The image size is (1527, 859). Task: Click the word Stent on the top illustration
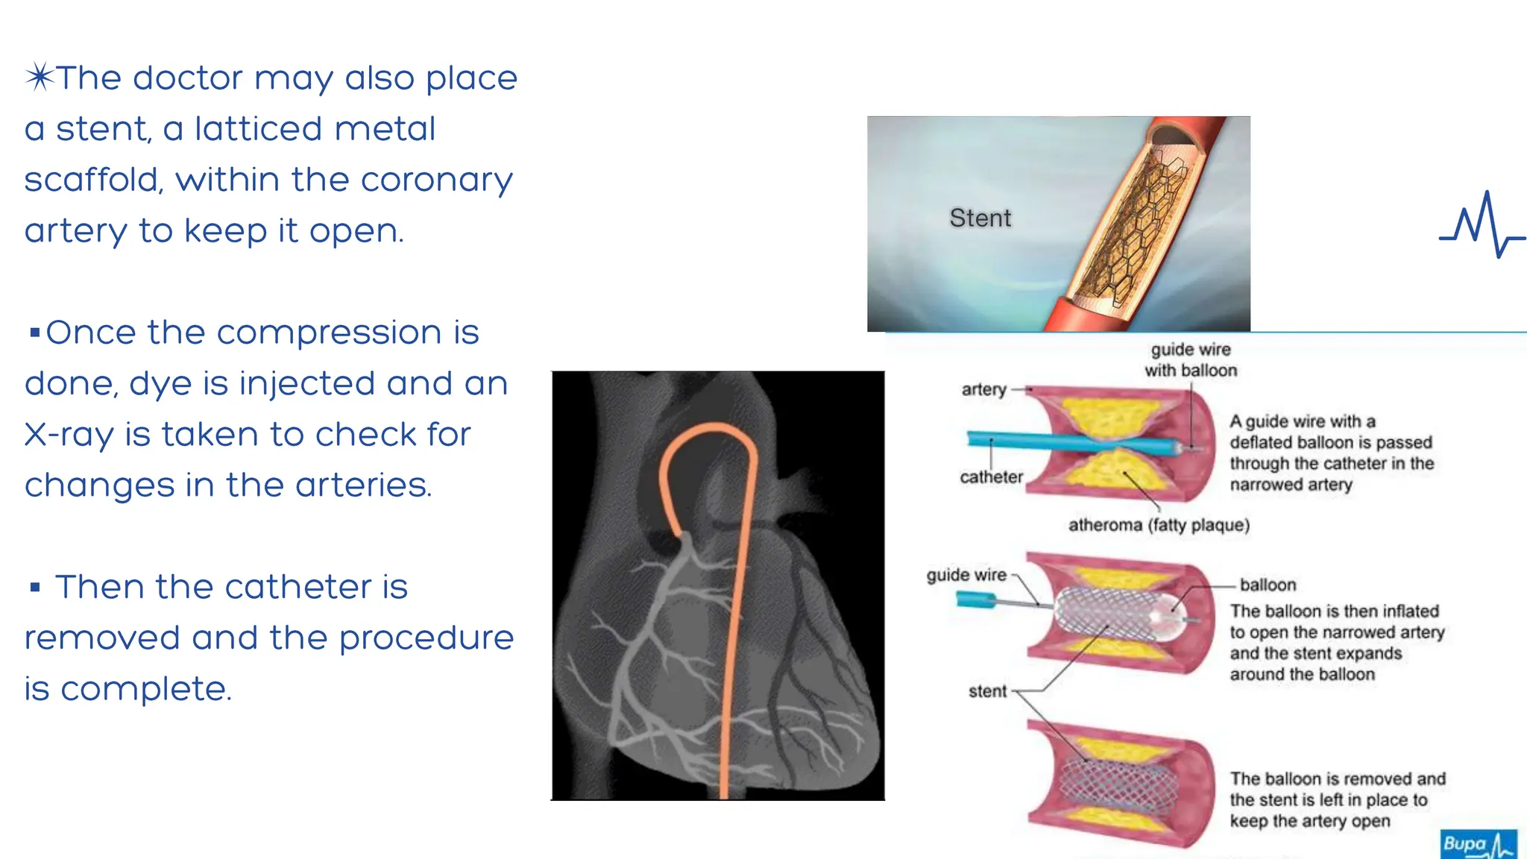980,218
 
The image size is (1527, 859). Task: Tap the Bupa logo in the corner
1477,843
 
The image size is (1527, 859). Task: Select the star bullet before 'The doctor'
40,77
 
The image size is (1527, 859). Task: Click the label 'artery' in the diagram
983,389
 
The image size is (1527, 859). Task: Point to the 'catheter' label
991,477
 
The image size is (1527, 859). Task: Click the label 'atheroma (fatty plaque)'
1159,525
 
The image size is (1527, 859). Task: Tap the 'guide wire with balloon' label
1191,360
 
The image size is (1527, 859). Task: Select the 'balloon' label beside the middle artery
1268,585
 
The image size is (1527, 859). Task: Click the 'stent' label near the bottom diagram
987,692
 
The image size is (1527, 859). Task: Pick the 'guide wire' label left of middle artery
966,575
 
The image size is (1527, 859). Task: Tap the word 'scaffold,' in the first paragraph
93,180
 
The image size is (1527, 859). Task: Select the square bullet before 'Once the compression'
34,333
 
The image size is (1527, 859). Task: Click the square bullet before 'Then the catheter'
34,588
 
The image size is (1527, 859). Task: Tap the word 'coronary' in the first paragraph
437,180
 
